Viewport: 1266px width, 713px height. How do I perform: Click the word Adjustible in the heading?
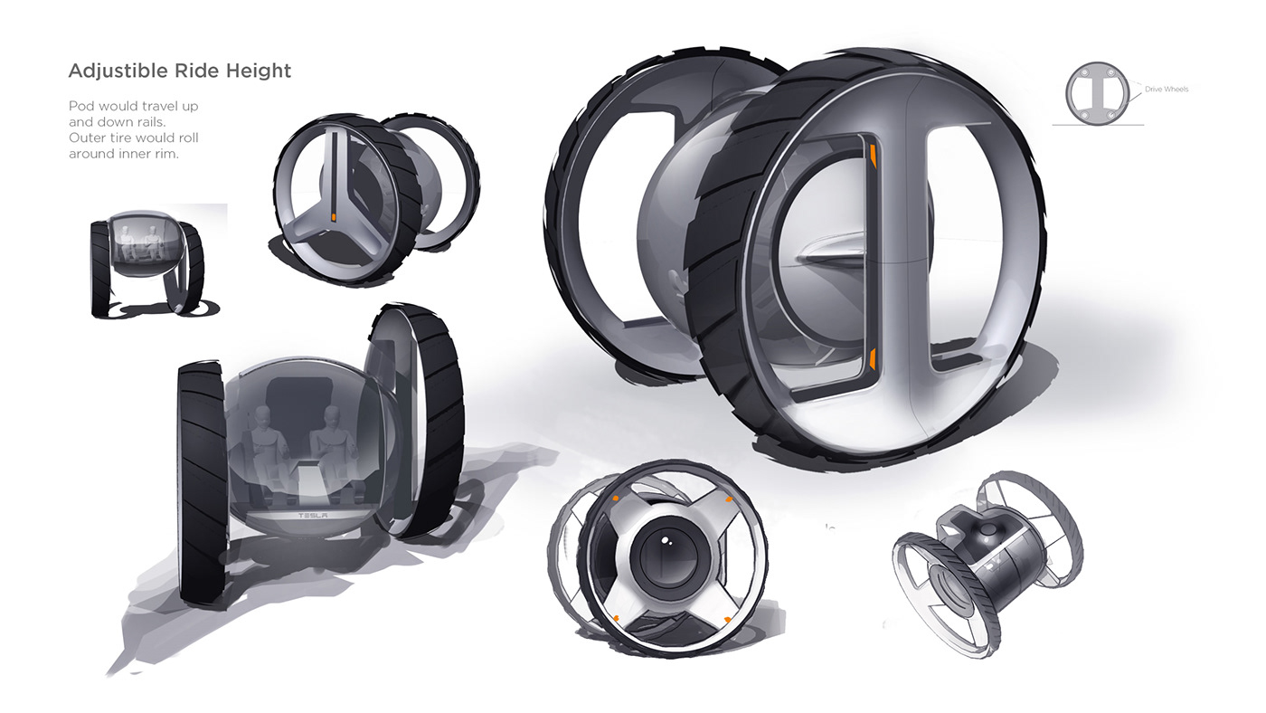click(x=118, y=71)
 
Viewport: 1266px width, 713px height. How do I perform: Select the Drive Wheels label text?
click(x=1167, y=90)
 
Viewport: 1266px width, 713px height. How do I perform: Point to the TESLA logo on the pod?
click(x=313, y=516)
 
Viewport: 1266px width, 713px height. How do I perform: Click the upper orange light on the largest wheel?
click(x=874, y=156)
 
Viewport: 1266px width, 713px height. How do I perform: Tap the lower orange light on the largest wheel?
click(x=873, y=358)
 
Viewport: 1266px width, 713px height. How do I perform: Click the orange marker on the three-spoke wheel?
click(x=334, y=217)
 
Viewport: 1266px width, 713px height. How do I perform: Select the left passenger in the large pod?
click(x=263, y=441)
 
